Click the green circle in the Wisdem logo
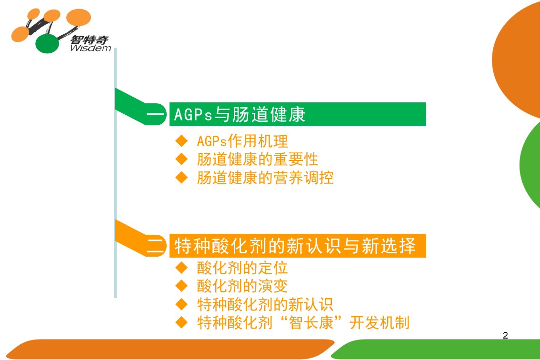pos(48,44)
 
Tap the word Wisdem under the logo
pos(90,48)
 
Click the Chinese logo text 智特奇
pos(90,40)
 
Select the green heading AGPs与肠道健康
pos(240,114)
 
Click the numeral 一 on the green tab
pos(156,114)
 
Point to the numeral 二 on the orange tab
pos(156,246)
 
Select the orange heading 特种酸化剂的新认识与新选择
pos(295,246)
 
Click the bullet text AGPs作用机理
pos(242,141)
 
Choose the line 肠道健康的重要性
pos(257,159)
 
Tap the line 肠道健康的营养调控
pos(265,178)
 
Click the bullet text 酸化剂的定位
pos(242,268)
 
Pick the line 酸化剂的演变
pos(242,286)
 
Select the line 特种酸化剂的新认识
pos(265,304)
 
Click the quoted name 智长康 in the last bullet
pos(311,322)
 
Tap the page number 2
pos(505,335)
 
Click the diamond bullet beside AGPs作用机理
pos(181,140)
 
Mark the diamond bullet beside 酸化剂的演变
pos(181,286)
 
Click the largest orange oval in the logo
pos(79,17)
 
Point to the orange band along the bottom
pos(170,349)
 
